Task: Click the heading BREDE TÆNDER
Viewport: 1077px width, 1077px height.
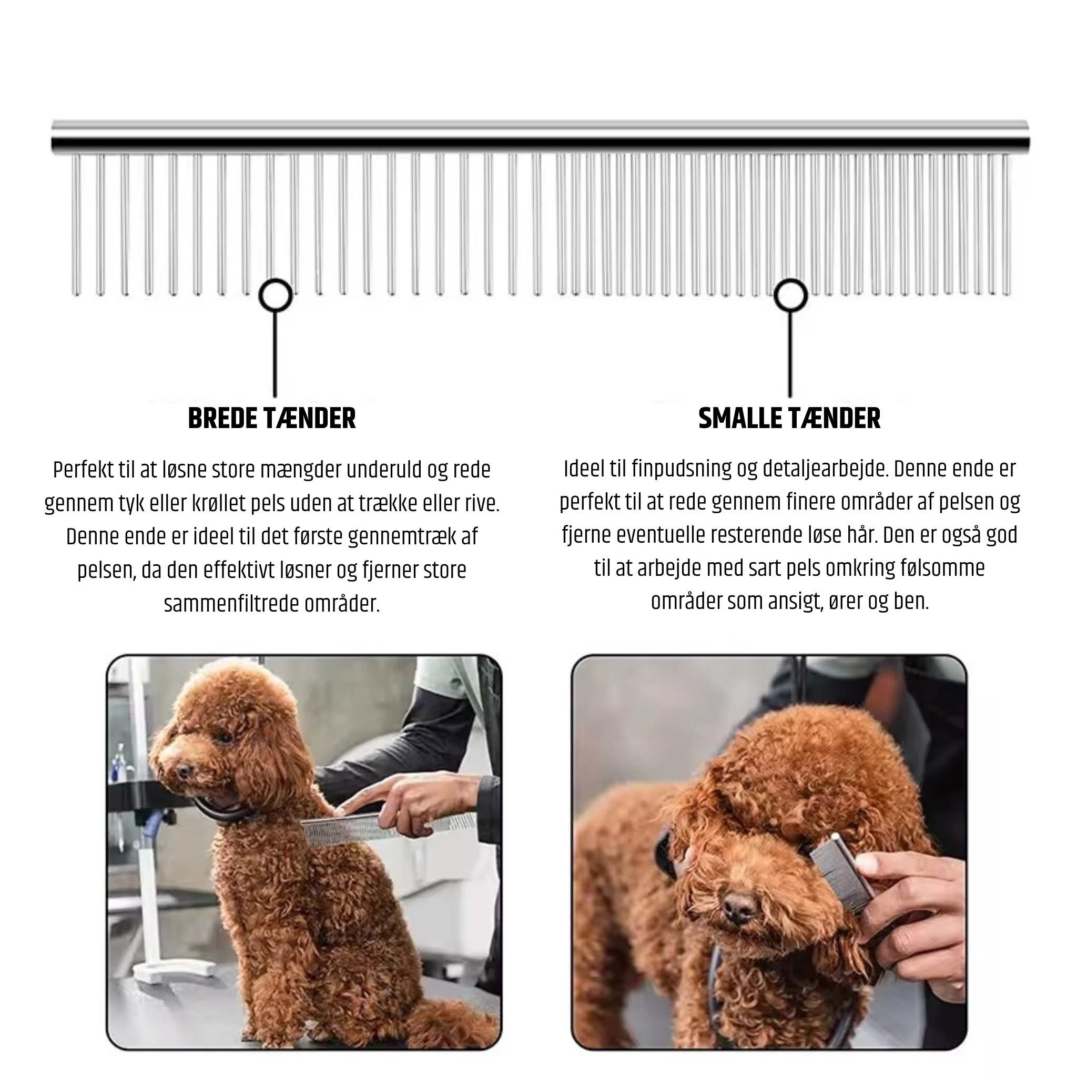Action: [x=272, y=419]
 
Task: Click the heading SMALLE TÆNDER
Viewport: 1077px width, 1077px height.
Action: [x=789, y=419]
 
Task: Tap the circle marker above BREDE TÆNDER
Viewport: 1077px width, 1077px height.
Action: [x=275, y=296]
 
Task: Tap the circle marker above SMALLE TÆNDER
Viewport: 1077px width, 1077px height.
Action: [x=790, y=296]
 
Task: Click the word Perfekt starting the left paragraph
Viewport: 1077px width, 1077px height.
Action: [x=83, y=471]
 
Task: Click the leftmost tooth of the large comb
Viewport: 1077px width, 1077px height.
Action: [x=76, y=224]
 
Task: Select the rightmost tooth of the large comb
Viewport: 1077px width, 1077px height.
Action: [x=1006, y=224]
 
